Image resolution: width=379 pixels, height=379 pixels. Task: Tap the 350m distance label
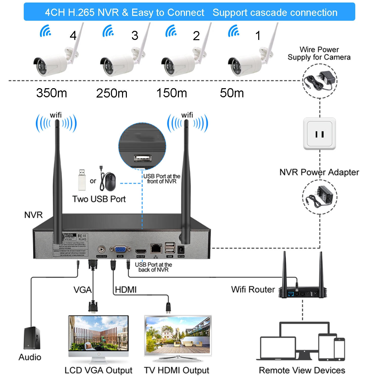click(x=52, y=93)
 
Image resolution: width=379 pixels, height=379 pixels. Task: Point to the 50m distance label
click(x=232, y=93)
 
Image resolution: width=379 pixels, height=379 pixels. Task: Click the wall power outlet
click(x=320, y=134)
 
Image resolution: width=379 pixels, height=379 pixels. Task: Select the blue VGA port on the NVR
click(x=120, y=249)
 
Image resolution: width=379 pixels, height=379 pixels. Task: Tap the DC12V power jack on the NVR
click(x=181, y=250)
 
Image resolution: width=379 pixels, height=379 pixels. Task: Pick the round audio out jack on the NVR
click(x=102, y=250)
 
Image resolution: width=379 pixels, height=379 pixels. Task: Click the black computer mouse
click(x=110, y=182)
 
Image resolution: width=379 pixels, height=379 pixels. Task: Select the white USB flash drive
click(x=82, y=180)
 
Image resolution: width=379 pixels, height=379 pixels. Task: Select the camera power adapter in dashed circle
click(x=320, y=81)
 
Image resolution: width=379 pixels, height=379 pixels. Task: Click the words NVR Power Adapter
click(x=319, y=172)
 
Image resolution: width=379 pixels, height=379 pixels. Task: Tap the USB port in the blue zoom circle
click(x=143, y=158)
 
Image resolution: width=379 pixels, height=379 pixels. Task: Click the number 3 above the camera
click(x=135, y=35)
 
